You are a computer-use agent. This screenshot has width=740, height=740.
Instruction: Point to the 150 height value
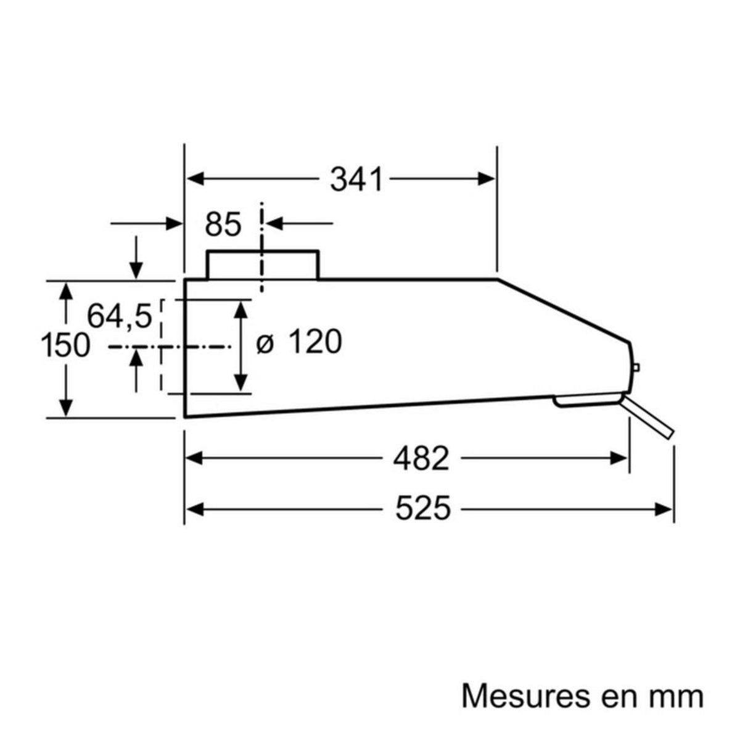coord(65,345)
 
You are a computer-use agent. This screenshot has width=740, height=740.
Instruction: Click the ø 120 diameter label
coord(298,342)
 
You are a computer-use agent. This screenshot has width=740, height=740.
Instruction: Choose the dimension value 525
coord(424,509)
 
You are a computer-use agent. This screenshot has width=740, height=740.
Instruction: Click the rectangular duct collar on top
coord(263,265)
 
